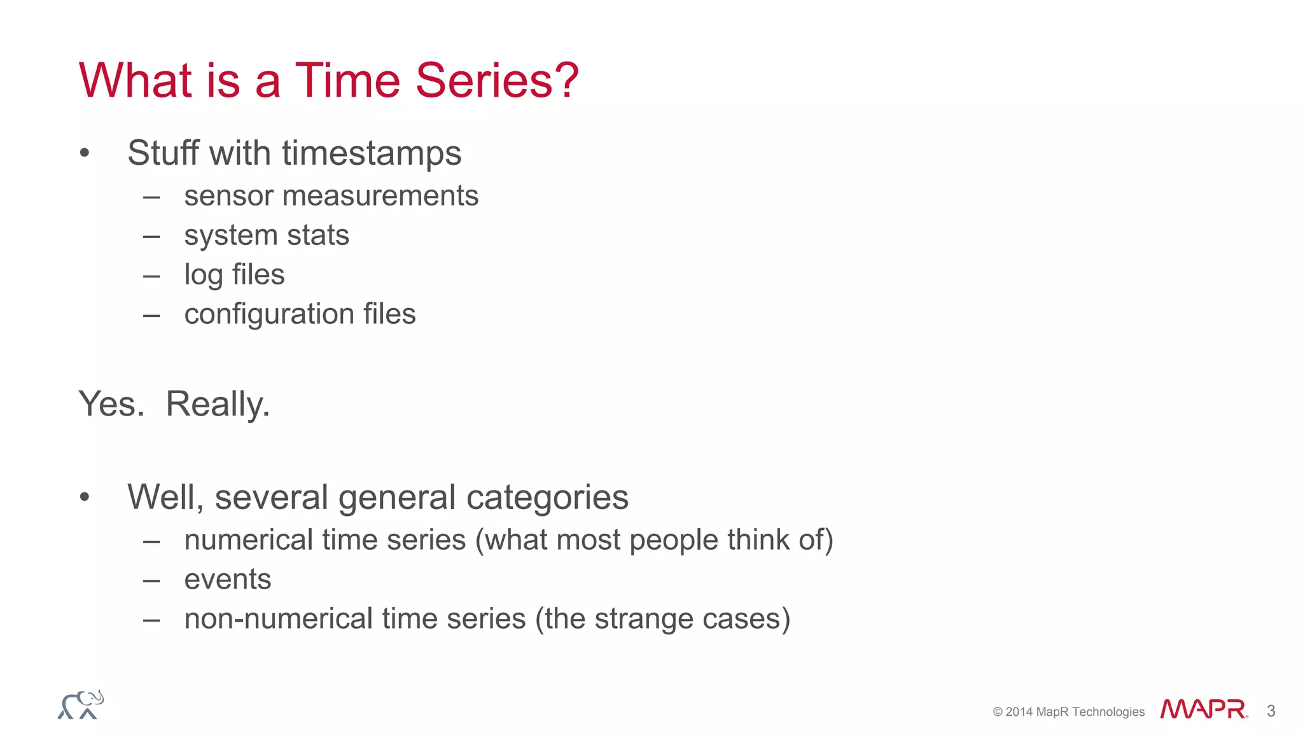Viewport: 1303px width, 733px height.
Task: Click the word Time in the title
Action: pos(347,81)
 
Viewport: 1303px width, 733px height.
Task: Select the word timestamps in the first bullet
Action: pos(372,153)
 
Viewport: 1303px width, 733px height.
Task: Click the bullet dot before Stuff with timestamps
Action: pos(85,153)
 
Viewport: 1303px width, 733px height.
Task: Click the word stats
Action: pos(317,235)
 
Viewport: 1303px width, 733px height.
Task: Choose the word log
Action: pos(203,276)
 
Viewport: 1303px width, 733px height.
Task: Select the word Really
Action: pos(218,404)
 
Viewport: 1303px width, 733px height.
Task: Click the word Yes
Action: pos(111,404)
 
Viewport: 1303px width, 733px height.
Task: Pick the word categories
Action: pos(547,498)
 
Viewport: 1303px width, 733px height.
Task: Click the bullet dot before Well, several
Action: pos(85,498)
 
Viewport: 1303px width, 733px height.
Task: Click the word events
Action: pos(228,580)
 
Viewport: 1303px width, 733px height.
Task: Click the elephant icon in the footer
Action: pos(81,705)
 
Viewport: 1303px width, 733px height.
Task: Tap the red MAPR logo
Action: pos(1203,709)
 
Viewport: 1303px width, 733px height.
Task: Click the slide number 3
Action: pos(1271,711)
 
